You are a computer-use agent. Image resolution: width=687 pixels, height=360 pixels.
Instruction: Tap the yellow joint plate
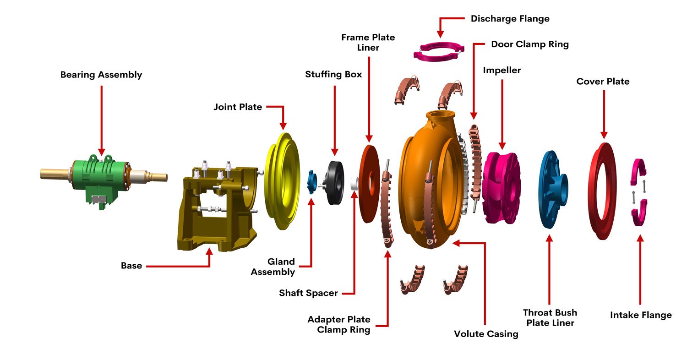pyautogui.click(x=282, y=181)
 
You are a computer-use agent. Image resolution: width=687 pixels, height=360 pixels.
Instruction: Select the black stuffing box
pyautogui.click(x=334, y=183)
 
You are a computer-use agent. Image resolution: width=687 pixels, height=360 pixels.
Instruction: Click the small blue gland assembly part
pyautogui.click(x=312, y=182)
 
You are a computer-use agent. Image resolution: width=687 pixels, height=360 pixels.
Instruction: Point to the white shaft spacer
pyautogui.click(x=355, y=184)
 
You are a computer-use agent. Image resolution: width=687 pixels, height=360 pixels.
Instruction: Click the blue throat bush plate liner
pyautogui.click(x=553, y=190)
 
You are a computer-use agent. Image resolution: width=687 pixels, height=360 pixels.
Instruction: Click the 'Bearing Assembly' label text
pyautogui.click(x=101, y=75)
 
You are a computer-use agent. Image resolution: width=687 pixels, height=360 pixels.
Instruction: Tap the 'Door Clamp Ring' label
pyautogui.click(x=530, y=44)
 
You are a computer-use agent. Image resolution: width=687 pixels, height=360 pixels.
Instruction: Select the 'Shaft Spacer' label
pyautogui.click(x=308, y=293)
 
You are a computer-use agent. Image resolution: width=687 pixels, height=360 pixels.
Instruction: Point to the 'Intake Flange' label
pyautogui.click(x=641, y=315)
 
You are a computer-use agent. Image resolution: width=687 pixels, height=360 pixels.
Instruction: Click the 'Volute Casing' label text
pyautogui.click(x=486, y=333)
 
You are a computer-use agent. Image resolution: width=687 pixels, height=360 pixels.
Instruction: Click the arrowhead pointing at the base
pyautogui.click(x=209, y=252)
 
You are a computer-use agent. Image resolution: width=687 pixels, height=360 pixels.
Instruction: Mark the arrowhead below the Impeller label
pyautogui.click(x=502, y=146)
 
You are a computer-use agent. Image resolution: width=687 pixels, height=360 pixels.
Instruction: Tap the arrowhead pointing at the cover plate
pyautogui.click(x=604, y=135)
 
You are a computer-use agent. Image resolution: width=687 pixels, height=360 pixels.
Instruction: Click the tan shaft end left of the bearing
pyautogui.click(x=55, y=174)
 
